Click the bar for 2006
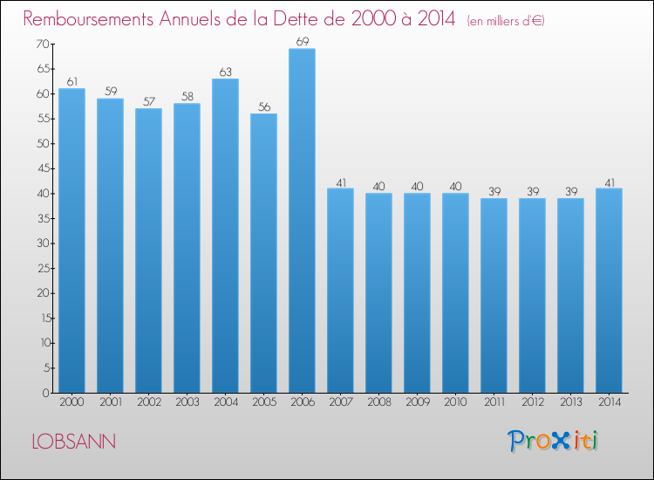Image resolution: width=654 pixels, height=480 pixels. (302, 221)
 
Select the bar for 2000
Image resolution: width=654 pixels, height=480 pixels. (72, 240)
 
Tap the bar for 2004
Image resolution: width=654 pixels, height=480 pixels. (225, 236)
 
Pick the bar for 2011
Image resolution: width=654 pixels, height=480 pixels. (494, 296)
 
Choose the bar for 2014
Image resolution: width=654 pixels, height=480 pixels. (609, 291)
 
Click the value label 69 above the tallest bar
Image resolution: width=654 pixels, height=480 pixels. (303, 41)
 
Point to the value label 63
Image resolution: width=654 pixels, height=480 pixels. (225, 72)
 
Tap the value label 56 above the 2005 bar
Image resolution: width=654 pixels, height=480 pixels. (264, 106)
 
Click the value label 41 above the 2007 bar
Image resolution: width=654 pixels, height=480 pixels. (341, 182)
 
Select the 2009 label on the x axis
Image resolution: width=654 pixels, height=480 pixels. (418, 401)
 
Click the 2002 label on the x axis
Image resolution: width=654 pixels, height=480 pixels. (149, 401)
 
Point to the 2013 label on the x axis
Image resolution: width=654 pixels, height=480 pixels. (571, 401)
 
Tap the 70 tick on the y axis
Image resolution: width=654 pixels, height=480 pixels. (43, 44)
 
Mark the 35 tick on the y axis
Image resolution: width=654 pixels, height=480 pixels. (44, 218)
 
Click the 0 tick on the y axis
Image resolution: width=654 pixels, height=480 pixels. (46, 393)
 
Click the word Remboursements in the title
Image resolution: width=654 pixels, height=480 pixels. (88, 19)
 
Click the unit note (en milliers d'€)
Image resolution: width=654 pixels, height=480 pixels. (506, 20)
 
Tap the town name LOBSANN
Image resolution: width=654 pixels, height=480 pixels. (74, 442)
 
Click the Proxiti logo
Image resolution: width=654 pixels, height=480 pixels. (553, 441)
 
